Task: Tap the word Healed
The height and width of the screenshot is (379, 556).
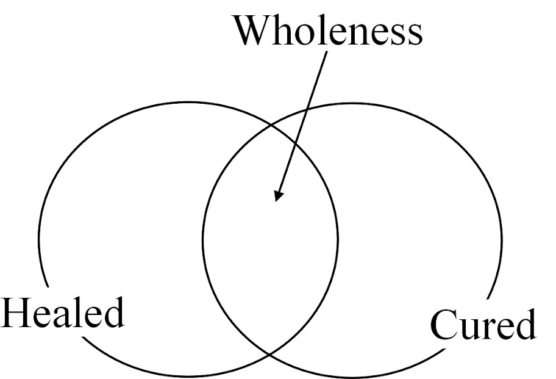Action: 62,312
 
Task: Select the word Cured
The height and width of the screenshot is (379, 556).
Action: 483,325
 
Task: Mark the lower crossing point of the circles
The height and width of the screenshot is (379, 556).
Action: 271,354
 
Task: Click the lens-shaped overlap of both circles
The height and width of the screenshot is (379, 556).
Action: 271,244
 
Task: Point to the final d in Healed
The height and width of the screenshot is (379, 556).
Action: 112,312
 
